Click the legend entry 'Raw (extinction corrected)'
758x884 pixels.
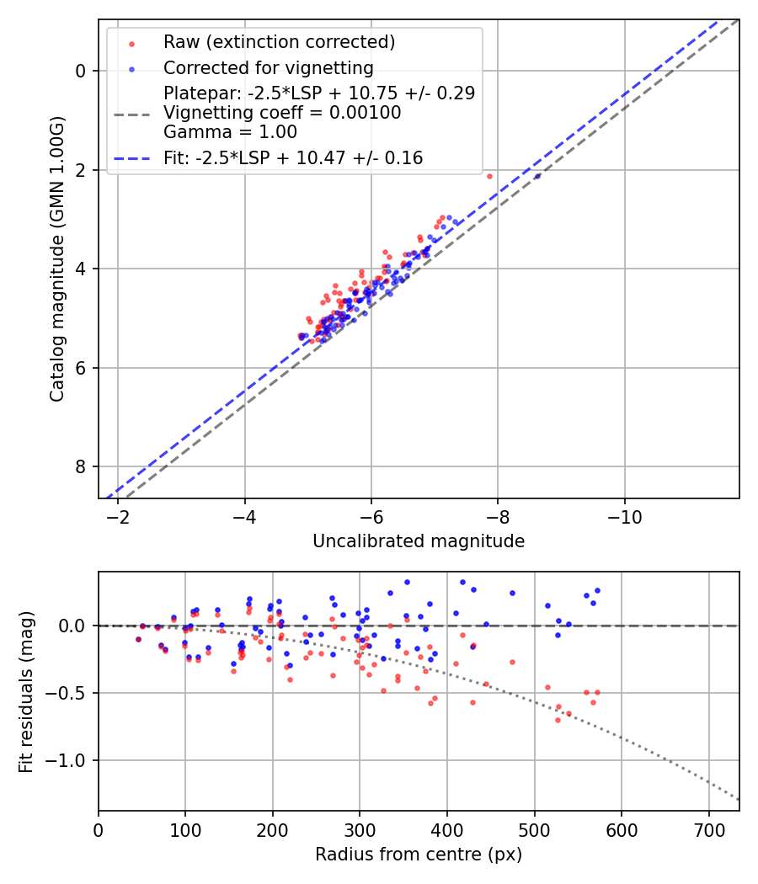[x=279, y=42]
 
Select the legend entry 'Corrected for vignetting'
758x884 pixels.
[x=268, y=67]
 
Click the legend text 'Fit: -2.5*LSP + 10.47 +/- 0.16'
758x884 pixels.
[x=293, y=157]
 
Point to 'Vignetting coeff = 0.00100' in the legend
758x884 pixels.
[x=282, y=112]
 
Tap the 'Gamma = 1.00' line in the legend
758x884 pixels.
[x=230, y=131]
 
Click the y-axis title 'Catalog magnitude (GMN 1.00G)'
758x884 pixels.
[x=56, y=258]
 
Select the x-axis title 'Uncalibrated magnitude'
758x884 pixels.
[x=419, y=541]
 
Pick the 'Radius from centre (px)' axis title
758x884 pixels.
[x=419, y=855]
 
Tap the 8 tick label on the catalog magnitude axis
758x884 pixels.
[x=82, y=467]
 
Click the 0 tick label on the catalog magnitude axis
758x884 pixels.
[x=82, y=71]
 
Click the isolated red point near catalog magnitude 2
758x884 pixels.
[x=489, y=176]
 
